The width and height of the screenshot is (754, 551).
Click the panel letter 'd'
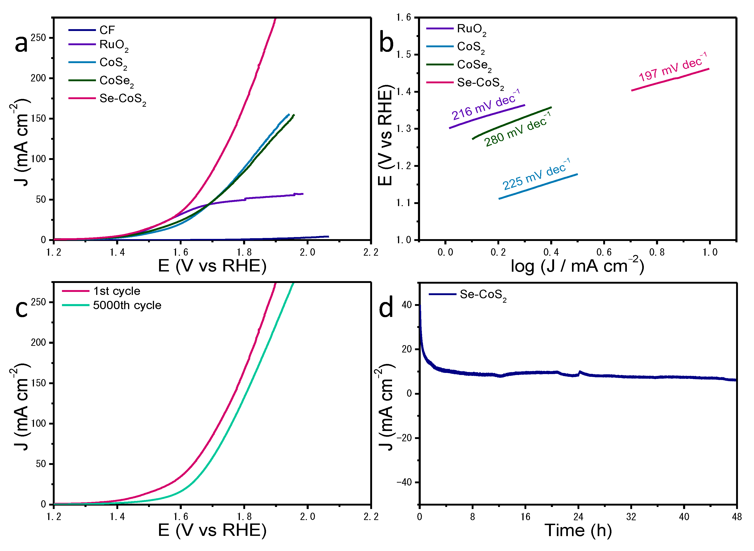(x=386, y=308)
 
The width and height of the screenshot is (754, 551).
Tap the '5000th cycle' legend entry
(x=127, y=305)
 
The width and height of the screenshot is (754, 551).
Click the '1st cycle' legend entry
(x=117, y=291)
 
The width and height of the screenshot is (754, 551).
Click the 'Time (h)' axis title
(x=578, y=531)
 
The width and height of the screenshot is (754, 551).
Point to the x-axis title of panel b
(x=577, y=266)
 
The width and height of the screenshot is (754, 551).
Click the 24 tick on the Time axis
(x=578, y=517)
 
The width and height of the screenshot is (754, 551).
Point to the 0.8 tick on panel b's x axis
(x=657, y=252)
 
